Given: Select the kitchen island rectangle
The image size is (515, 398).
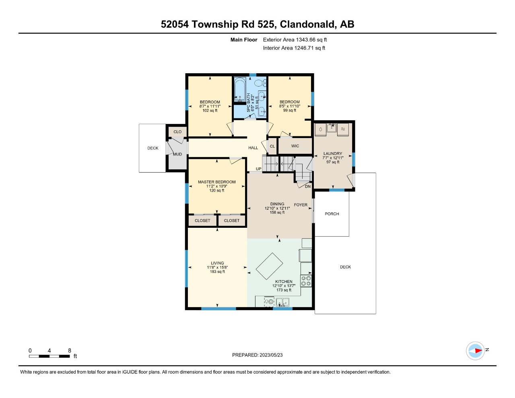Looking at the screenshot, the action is click(x=269, y=266).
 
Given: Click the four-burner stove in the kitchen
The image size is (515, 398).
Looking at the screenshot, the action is click(x=306, y=281).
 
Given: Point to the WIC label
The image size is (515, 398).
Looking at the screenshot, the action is click(x=295, y=146).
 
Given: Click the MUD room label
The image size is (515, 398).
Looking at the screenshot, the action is click(x=177, y=154).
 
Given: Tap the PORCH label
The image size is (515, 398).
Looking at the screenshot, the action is click(x=332, y=214).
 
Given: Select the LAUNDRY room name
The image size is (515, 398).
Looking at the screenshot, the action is click(x=333, y=154).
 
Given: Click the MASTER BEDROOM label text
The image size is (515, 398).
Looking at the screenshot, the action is click(x=216, y=182).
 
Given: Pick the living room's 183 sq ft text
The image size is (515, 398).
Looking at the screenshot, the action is click(x=217, y=272).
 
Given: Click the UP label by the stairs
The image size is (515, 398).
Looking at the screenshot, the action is click(x=259, y=169).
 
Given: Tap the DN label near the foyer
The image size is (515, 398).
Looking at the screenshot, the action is click(x=308, y=187).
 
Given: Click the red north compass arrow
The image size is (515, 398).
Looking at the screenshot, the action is click(x=478, y=351).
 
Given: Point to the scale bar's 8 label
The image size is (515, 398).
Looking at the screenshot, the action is click(x=70, y=351).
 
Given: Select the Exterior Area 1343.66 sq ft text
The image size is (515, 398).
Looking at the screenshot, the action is click(x=295, y=40).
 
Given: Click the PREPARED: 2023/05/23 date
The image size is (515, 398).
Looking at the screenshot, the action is click(x=257, y=355).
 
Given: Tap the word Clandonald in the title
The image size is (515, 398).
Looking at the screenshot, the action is click(x=308, y=24).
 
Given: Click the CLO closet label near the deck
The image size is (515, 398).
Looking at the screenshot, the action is click(x=177, y=132).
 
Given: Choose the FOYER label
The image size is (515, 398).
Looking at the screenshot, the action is click(x=301, y=205).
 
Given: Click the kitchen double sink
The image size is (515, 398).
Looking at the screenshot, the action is click(x=283, y=302).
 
